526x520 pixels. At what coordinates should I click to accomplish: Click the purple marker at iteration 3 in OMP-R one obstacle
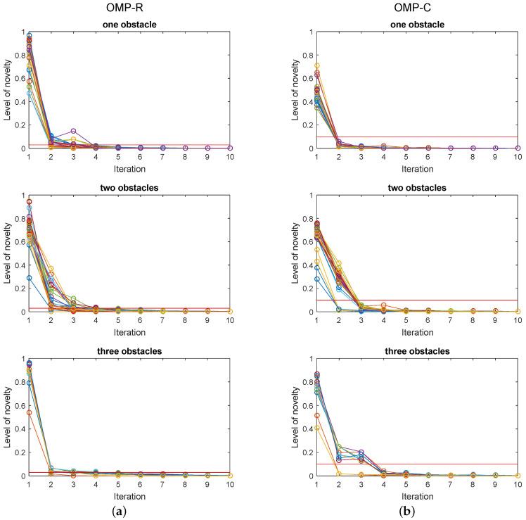tap(73, 131)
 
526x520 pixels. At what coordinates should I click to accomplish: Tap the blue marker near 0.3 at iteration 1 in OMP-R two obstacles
tap(29, 278)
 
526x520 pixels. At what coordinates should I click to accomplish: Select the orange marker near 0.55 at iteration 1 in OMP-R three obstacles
tap(29, 412)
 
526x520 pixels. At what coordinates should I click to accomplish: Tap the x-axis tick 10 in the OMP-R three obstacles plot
tap(229, 485)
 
